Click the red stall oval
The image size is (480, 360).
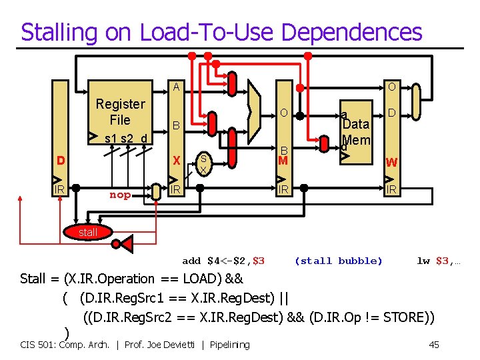(88, 232)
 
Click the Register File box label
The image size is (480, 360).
(120, 112)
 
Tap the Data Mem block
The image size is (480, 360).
(355, 131)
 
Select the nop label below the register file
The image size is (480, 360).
(120, 195)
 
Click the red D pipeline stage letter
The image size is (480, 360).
(61, 161)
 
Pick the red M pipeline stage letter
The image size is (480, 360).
(283, 161)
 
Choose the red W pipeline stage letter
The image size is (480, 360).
(392, 162)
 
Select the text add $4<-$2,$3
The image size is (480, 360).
(223, 261)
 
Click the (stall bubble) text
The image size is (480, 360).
(339, 261)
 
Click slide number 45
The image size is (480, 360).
(434, 345)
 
